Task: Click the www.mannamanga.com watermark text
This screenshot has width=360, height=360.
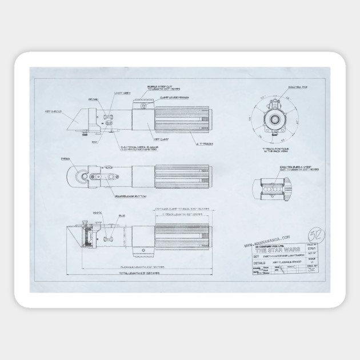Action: click(267, 239)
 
